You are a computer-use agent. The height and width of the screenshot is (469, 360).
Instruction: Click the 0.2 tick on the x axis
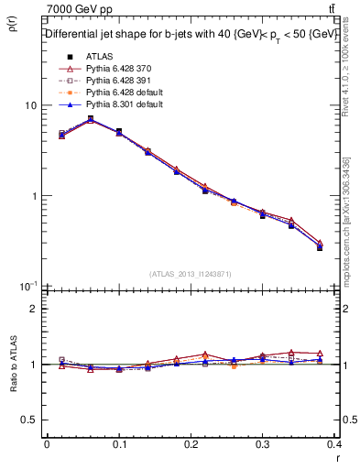coord(191,445)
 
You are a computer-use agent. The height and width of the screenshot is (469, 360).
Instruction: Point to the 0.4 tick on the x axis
coord(334,445)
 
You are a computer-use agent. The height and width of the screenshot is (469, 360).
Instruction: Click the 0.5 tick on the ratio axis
coord(29,420)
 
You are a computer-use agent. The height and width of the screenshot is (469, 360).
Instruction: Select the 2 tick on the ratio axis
coord(33,309)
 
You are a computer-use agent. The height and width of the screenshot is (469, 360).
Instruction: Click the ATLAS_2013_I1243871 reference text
coord(191,274)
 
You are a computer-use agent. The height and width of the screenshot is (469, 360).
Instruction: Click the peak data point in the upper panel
coord(90,119)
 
